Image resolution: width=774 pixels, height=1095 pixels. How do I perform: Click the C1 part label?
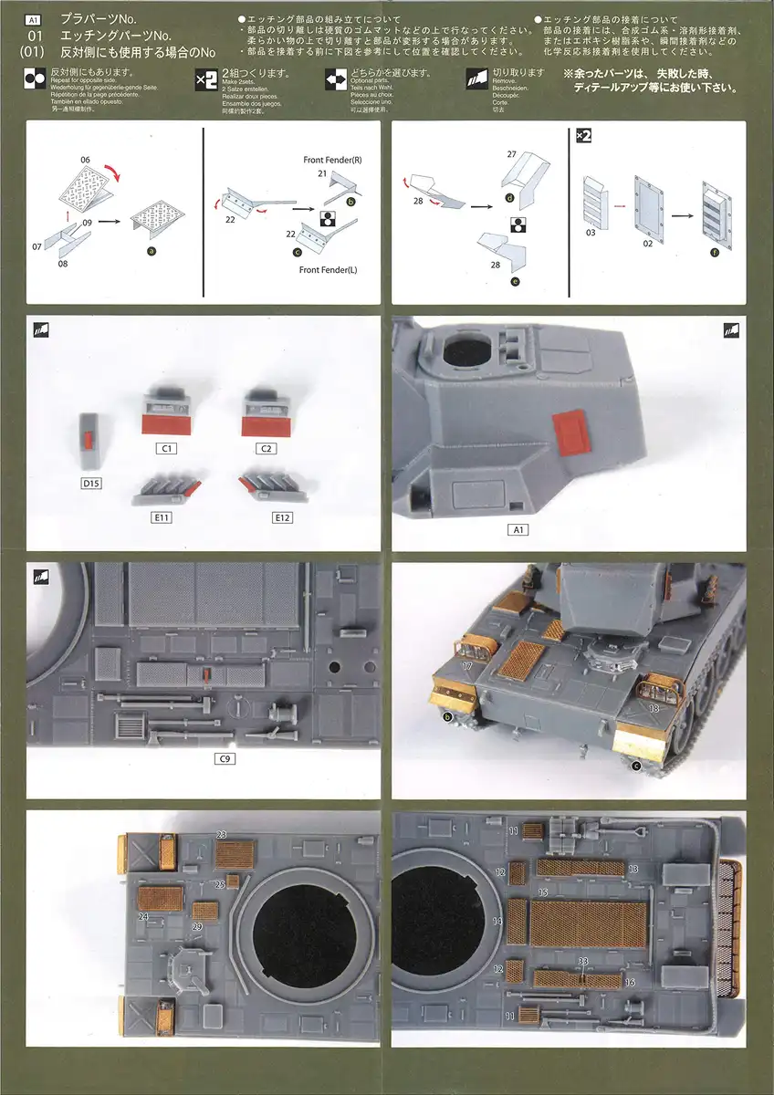pyautogui.click(x=168, y=449)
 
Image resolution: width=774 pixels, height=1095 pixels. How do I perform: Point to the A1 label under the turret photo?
pyautogui.click(x=518, y=529)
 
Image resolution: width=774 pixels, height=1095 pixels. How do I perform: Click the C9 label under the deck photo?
pyautogui.click(x=225, y=758)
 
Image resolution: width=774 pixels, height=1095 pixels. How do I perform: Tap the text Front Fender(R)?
pyautogui.click(x=334, y=160)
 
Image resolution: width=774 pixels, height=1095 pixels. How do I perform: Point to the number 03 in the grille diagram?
pyautogui.click(x=591, y=234)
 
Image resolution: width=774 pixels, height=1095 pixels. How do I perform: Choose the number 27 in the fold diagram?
pyautogui.click(x=511, y=154)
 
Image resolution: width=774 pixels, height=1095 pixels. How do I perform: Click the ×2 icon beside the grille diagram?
pyautogui.click(x=584, y=135)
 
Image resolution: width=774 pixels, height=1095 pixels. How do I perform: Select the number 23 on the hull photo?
pyautogui.click(x=221, y=834)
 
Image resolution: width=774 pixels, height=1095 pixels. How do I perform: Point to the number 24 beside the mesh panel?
pyautogui.click(x=143, y=916)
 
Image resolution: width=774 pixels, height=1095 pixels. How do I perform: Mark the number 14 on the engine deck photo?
pyautogui.click(x=497, y=922)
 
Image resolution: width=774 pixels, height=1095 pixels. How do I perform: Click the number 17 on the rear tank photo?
pyautogui.click(x=466, y=666)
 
